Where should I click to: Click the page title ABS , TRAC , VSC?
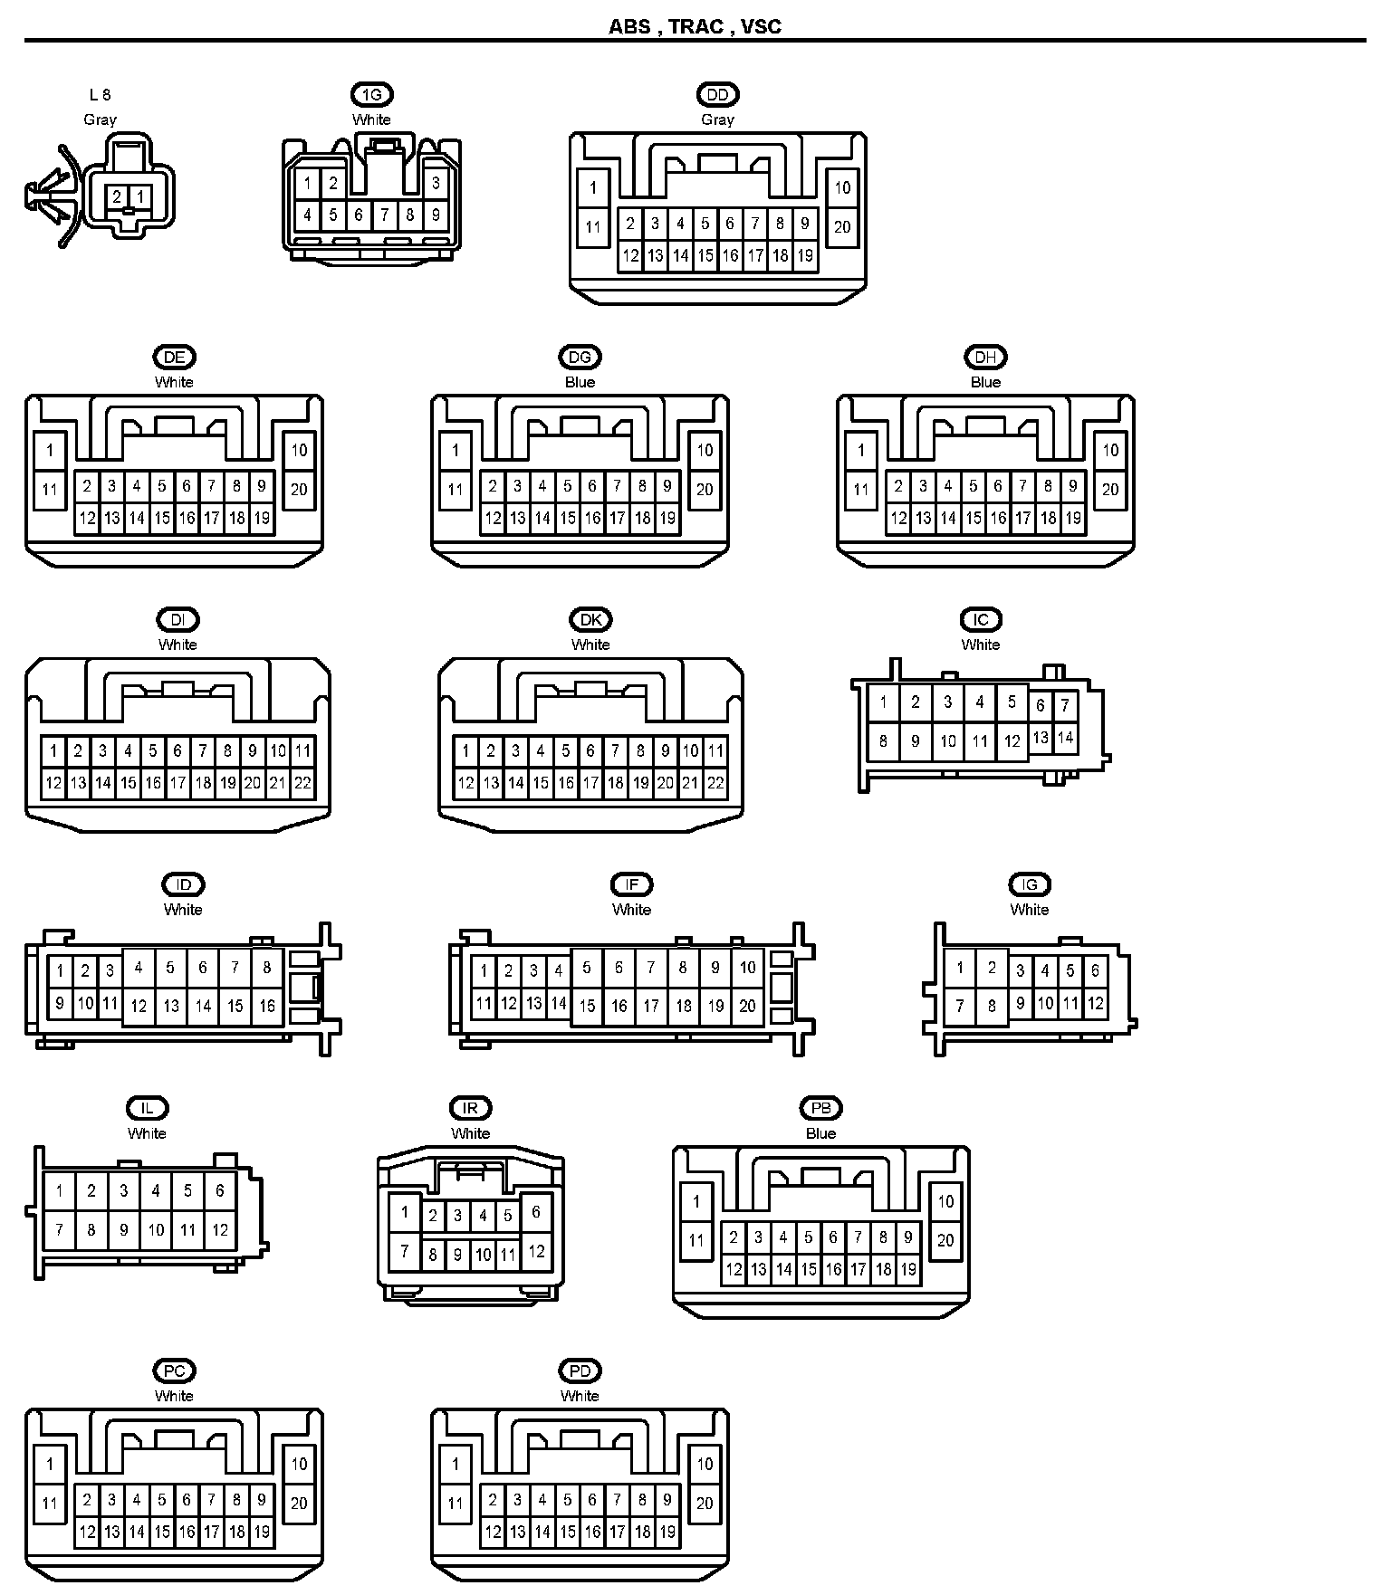pyautogui.click(x=695, y=26)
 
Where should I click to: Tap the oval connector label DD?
pyautogui.click(x=717, y=94)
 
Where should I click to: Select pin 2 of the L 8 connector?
pyautogui.click(x=117, y=196)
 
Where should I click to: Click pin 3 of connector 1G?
pyautogui.click(x=436, y=183)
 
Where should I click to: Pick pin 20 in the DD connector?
pyautogui.click(x=842, y=226)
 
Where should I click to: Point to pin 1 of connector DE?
pyautogui.click(x=50, y=450)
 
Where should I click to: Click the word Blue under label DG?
pyautogui.click(x=580, y=382)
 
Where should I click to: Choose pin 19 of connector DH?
pyautogui.click(x=1073, y=519)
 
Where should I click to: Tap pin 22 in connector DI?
pyautogui.click(x=302, y=783)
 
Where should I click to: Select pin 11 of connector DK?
pyautogui.click(x=715, y=750)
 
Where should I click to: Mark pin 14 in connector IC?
pyautogui.click(x=1065, y=737)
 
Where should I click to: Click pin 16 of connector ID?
pyautogui.click(x=267, y=1006)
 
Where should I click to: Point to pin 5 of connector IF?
pyautogui.click(x=587, y=969)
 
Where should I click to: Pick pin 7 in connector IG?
pyautogui.click(x=960, y=1005)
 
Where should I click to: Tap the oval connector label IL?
pyautogui.click(x=147, y=1108)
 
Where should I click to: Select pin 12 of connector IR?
pyautogui.click(x=536, y=1251)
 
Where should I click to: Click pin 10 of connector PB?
pyautogui.click(x=945, y=1201)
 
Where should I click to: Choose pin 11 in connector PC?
pyautogui.click(x=50, y=1504)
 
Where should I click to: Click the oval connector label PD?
pyautogui.click(x=580, y=1371)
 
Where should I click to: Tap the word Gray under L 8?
pyautogui.click(x=100, y=119)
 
